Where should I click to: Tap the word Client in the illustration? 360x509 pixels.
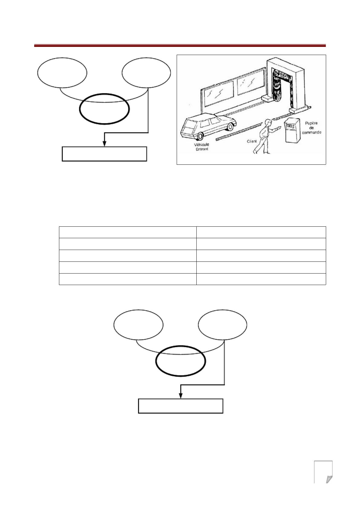point(252,141)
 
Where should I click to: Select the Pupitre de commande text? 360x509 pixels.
point(312,128)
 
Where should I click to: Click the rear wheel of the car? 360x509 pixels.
point(200,136)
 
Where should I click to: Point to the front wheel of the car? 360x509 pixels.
point(231,127)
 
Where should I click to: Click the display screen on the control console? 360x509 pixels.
point(290,125)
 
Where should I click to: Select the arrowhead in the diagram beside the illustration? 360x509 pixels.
point(104,144)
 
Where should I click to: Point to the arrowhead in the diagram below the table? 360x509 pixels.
point(181,396)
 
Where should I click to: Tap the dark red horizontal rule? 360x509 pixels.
point(180,46)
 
